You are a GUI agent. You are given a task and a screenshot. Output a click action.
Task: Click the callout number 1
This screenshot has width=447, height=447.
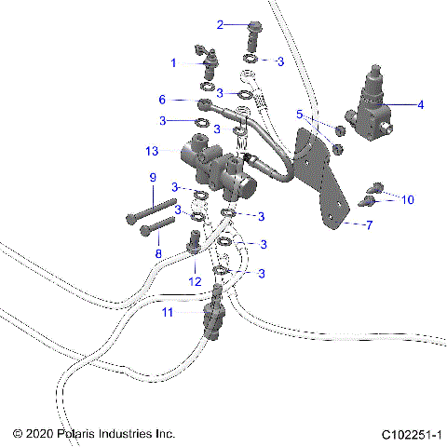click(x=172, y=62)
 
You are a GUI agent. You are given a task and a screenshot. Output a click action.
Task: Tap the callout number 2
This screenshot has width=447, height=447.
click(x=221, y=24)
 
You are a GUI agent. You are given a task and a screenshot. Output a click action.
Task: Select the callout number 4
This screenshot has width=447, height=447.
click(x=419, y=105)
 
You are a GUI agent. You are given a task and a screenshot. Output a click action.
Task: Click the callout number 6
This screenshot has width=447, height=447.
click(x=162, y=99)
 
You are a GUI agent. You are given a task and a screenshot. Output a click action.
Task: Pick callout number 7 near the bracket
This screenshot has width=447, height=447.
click(x=368, y=225)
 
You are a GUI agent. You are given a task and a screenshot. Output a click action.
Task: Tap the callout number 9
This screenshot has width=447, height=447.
click(x=152, y=177)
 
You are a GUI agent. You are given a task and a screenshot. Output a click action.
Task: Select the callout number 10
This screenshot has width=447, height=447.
click(x=406, y=198)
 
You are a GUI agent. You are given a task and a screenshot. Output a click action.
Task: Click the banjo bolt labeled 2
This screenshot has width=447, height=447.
click(x=253, y=35)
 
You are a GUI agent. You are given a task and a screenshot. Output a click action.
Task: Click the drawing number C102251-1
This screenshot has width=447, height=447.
click(x=410, y=434)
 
